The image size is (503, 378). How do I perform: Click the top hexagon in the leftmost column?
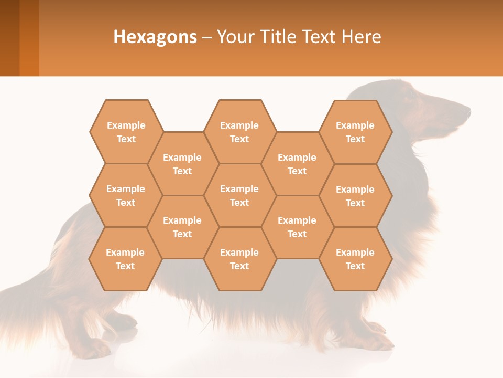point(126,132)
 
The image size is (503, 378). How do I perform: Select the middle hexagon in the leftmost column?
point(126,195)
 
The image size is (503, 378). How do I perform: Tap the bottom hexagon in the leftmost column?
point(125,259)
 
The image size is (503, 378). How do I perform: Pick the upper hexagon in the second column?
point(182,164)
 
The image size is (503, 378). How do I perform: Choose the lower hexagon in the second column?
point(182,227)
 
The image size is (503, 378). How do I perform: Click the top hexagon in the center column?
point(239,132)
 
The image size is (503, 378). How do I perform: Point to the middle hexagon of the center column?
point(239,195)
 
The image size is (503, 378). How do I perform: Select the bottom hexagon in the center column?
point(239,259)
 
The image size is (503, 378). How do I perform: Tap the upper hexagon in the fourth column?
point(297,164)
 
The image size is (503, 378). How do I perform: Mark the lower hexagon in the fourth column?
point(297,227)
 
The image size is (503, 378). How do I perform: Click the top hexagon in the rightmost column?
point(355,132)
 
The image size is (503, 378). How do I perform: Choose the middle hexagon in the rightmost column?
point(355,196)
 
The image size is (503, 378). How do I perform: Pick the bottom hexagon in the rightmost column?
point(355,259)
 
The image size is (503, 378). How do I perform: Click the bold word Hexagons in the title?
point(155,37)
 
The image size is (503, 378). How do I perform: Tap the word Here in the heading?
point(361,37)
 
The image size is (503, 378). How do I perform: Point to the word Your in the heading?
point(233,37)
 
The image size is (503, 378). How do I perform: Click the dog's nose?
point(467,111)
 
